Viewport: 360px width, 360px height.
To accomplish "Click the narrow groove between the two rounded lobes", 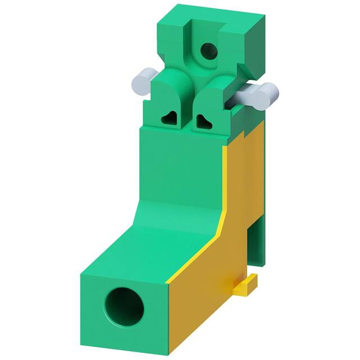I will [188, 104].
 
